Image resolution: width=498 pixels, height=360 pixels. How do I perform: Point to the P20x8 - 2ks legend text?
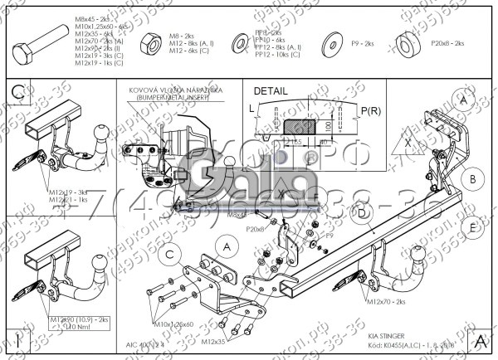click(447, 41)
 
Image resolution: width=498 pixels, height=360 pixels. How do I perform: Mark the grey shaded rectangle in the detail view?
click(299, 125)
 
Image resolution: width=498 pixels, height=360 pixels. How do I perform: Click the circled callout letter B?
click(472, 178)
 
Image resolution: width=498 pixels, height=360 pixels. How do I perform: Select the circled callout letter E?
click(471, 226)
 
